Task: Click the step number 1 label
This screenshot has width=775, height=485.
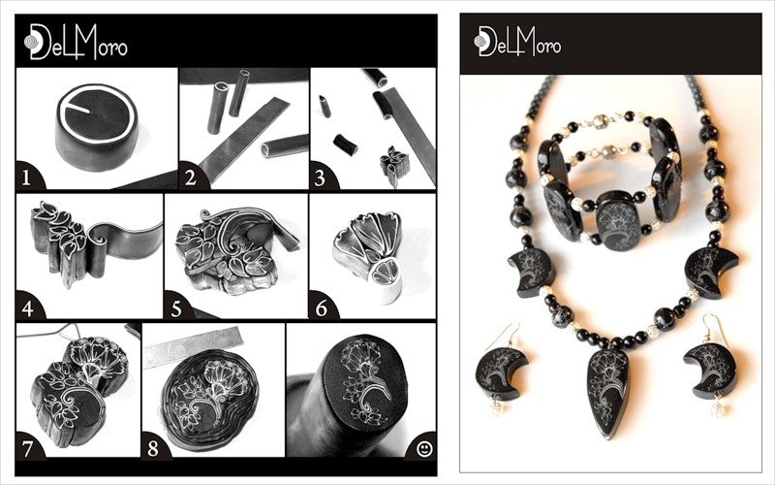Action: click(x=26, y=178)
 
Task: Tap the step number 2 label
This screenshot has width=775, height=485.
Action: click(x=190, y=178)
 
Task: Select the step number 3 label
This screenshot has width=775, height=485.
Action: click(x=320, y=178)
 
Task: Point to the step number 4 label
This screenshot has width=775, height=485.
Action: click(x=28, y=308)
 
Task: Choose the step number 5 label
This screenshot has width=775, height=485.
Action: click(x=176, y=308)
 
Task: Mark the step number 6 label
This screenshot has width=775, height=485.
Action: click(x=322, y=308)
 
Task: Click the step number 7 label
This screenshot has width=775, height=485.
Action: click(x=27, y=448)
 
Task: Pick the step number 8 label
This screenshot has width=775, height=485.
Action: click(x=153, y=448)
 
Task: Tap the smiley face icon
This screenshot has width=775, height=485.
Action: click(x=424, y=448)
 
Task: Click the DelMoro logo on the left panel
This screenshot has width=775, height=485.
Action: click(x=76, y=42)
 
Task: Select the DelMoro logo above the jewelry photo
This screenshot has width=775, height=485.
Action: click(x=517, y=41)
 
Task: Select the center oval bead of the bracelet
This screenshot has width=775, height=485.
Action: click(x=618, y=220)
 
